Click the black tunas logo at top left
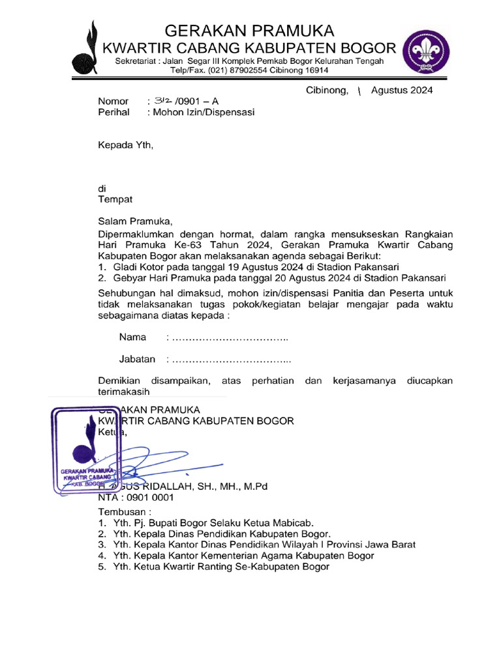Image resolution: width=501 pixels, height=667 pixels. tap(87, 49)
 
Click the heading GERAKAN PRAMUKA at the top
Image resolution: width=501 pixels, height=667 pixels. tap(249, 31)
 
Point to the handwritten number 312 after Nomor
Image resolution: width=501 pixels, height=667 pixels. tap(162, 101)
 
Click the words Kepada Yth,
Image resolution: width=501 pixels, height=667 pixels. tap(125, 145)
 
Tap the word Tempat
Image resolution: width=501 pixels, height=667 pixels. tap(115, 199)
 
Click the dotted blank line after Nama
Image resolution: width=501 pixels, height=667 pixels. tap(228, 338)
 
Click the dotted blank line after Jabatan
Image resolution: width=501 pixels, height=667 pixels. tap(230, 360)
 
